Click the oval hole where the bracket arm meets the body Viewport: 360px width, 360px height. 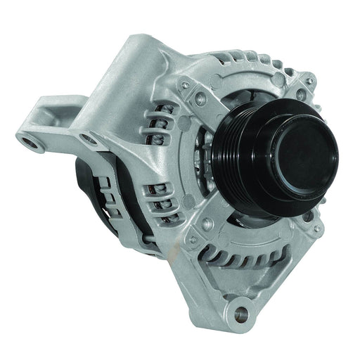pyautogui.click(x=89, y=140)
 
